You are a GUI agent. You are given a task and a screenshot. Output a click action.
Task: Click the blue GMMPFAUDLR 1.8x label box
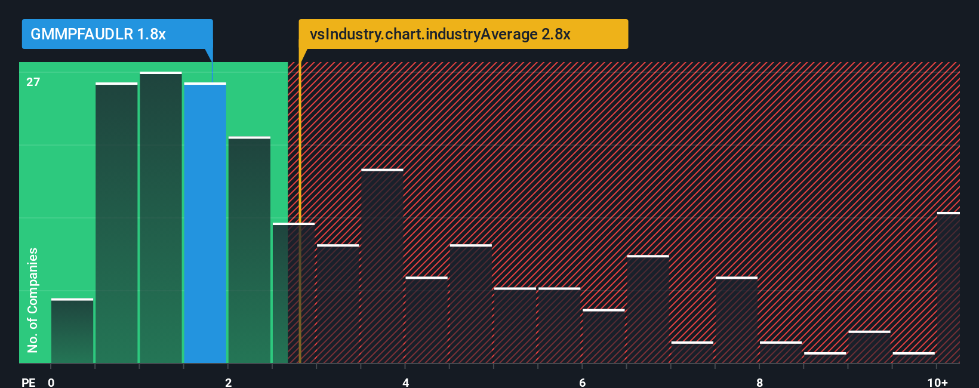point(117,34)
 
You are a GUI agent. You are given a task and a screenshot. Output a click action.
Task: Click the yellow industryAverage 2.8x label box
point(463,34)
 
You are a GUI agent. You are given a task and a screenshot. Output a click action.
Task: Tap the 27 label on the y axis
point(33,82)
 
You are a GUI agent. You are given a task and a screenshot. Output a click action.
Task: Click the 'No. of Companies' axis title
point(33,300)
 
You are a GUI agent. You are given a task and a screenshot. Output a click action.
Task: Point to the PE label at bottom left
point(28,382)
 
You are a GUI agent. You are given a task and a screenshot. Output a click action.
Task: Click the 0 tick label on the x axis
point(51,382)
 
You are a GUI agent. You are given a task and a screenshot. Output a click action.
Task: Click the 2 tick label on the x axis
point(228,382)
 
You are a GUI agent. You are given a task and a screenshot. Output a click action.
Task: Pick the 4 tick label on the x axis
point(405,382)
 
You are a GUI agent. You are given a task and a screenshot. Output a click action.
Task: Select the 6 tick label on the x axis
point(582,382)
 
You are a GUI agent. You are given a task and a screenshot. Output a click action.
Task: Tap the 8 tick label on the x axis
point(759,382)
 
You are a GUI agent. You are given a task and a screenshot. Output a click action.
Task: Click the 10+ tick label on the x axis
point(937,382)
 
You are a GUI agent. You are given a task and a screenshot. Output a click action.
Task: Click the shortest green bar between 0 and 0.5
point(72,331)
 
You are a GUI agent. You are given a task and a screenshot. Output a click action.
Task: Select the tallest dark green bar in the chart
point(161,218)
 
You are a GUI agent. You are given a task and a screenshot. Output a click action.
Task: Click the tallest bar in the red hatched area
point(382,266)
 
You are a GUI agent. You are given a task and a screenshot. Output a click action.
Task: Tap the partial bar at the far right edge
point(948,288)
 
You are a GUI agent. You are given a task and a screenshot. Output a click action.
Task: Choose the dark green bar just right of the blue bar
point(249,250)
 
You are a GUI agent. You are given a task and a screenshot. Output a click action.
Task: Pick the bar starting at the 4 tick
point(426,320)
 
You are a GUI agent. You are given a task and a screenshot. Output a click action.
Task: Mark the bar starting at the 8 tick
point(781,352)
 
